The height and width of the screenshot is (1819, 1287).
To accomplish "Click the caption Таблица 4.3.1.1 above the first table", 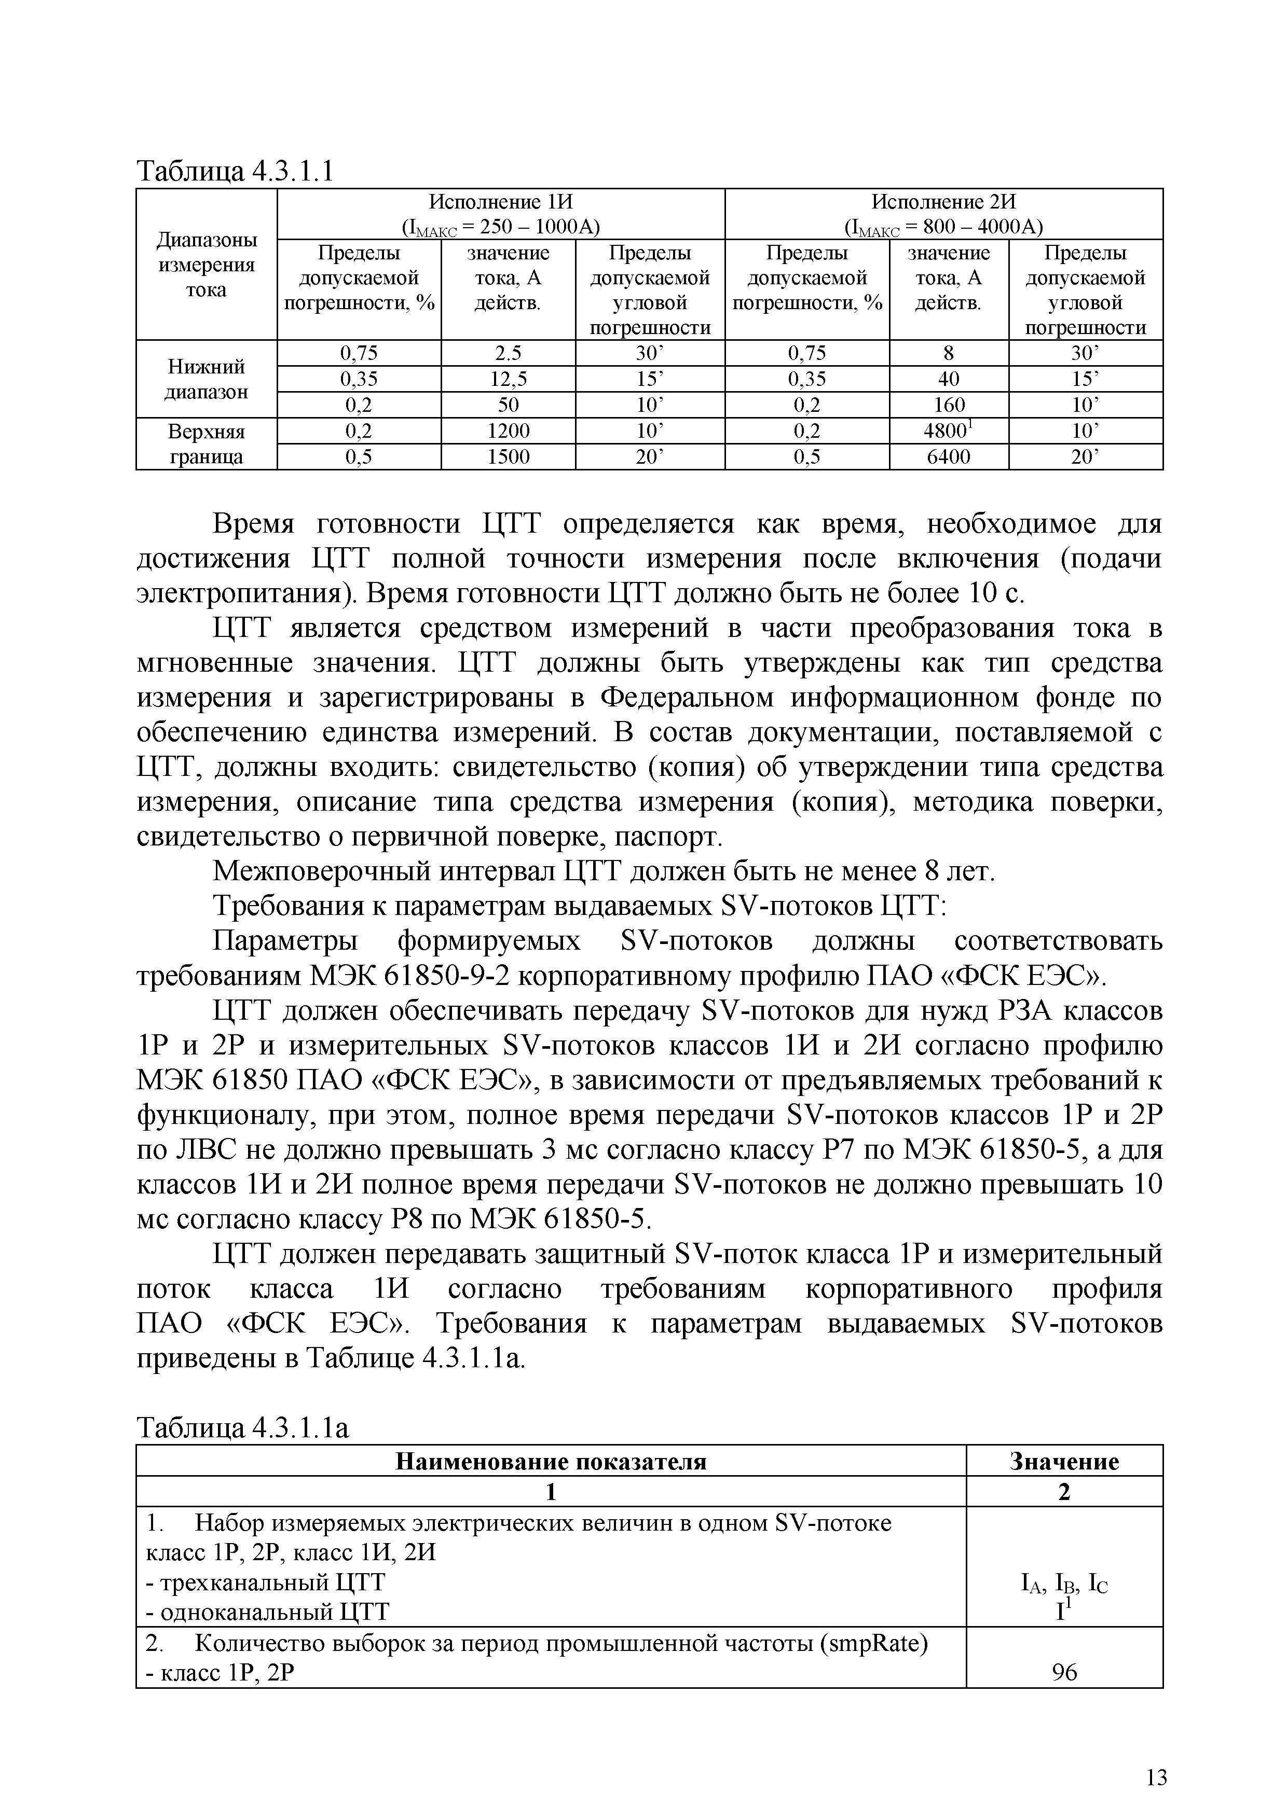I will pos(236,170).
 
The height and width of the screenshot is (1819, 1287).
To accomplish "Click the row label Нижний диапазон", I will pos(206,379).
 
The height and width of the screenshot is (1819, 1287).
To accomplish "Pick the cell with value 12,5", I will pos(508,379).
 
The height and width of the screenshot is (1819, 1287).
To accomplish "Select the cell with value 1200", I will pos(508,431).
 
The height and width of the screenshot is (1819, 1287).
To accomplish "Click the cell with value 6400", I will pos(949,456).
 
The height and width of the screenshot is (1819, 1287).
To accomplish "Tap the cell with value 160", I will pos(949,405).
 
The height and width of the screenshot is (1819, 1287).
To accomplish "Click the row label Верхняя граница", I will pos(206,443).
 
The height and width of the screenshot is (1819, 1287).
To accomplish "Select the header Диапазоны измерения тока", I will pos(206,265).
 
